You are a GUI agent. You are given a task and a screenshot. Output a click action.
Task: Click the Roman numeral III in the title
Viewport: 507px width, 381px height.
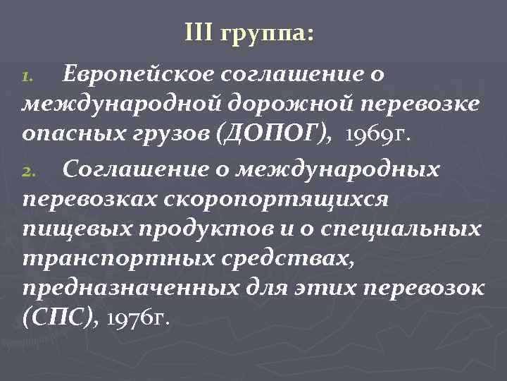[198, 32]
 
